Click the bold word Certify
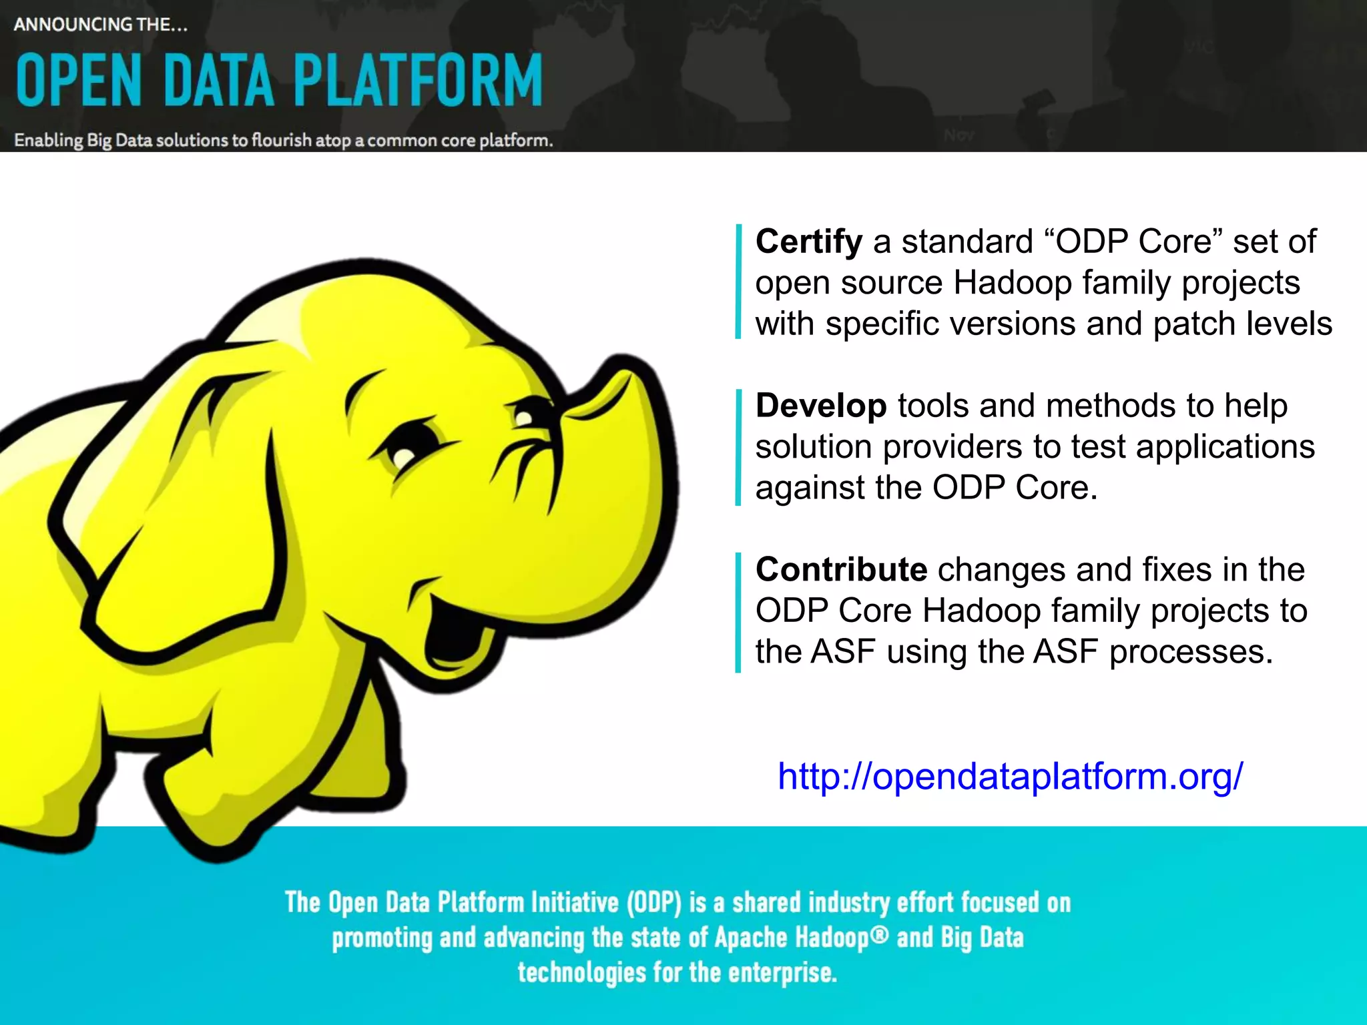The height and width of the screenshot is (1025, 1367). [808, 242]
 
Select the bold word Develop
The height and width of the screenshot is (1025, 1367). [820, 406]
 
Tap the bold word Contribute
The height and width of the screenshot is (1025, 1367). [841, 570]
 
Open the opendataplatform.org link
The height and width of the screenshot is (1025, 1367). [1010, 776]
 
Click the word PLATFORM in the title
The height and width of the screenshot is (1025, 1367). [418, 81]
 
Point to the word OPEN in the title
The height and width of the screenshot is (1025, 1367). [79, 81]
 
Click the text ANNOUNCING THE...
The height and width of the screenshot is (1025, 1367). [100, 25]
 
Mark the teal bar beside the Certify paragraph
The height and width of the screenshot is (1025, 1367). [738, 282]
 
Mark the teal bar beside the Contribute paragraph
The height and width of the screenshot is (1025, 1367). [738, 612]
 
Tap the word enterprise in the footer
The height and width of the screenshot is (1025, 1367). [782, 973]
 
